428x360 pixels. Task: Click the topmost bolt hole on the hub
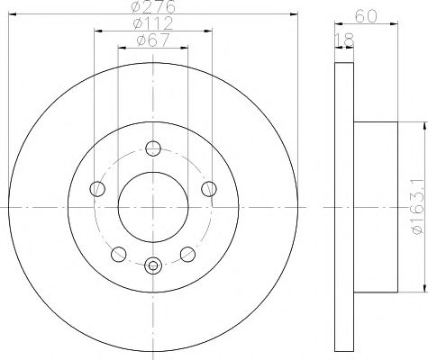(x=153, y=148)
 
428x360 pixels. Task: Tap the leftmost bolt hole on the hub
(x=97, y=188)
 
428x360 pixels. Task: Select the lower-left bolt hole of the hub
(x=119, y=253)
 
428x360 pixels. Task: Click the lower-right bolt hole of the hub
(x=188, y=253)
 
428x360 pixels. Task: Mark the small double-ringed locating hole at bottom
(x=153, y=265)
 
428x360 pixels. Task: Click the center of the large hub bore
(x=153, y=207)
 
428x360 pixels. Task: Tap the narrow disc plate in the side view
(x=343, y=207)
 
